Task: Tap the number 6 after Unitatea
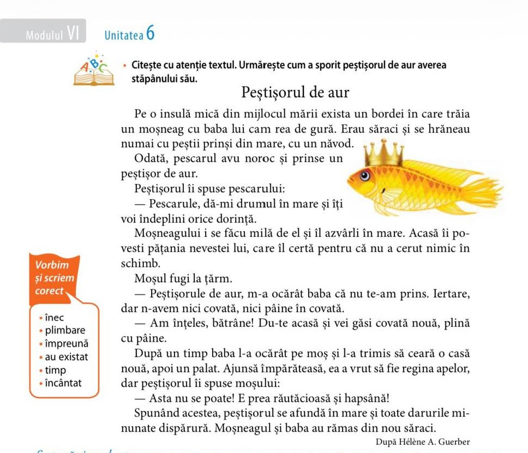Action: tap(151, 33)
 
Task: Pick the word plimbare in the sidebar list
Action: tap(65, 331)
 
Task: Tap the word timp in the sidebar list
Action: tap(56, 370)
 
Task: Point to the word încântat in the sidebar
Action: tap(63, 383)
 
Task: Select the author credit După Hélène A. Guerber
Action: tap(423, 442)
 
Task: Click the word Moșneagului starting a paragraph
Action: tap(164, 234)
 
